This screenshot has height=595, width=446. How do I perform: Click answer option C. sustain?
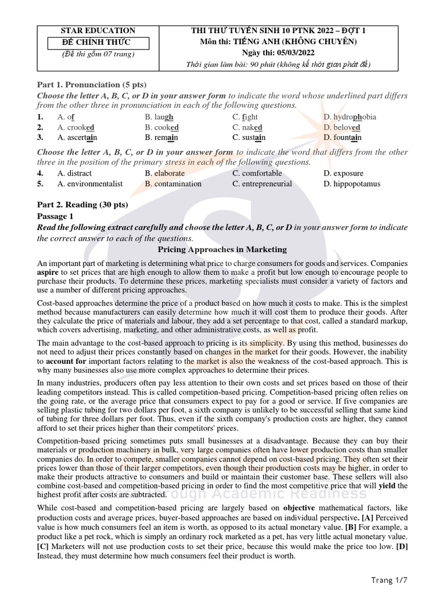point(249,138)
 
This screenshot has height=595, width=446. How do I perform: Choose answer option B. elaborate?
point(165,173)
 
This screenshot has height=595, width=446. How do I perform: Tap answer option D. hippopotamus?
point(353,184)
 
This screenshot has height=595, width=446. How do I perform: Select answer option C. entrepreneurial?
point(262,184)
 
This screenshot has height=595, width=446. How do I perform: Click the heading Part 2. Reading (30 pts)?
point(82,205)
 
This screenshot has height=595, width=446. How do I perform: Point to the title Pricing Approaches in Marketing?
point(222,249)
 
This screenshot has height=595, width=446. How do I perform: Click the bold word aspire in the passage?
point(48,272)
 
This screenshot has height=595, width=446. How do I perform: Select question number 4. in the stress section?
point(41,173)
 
